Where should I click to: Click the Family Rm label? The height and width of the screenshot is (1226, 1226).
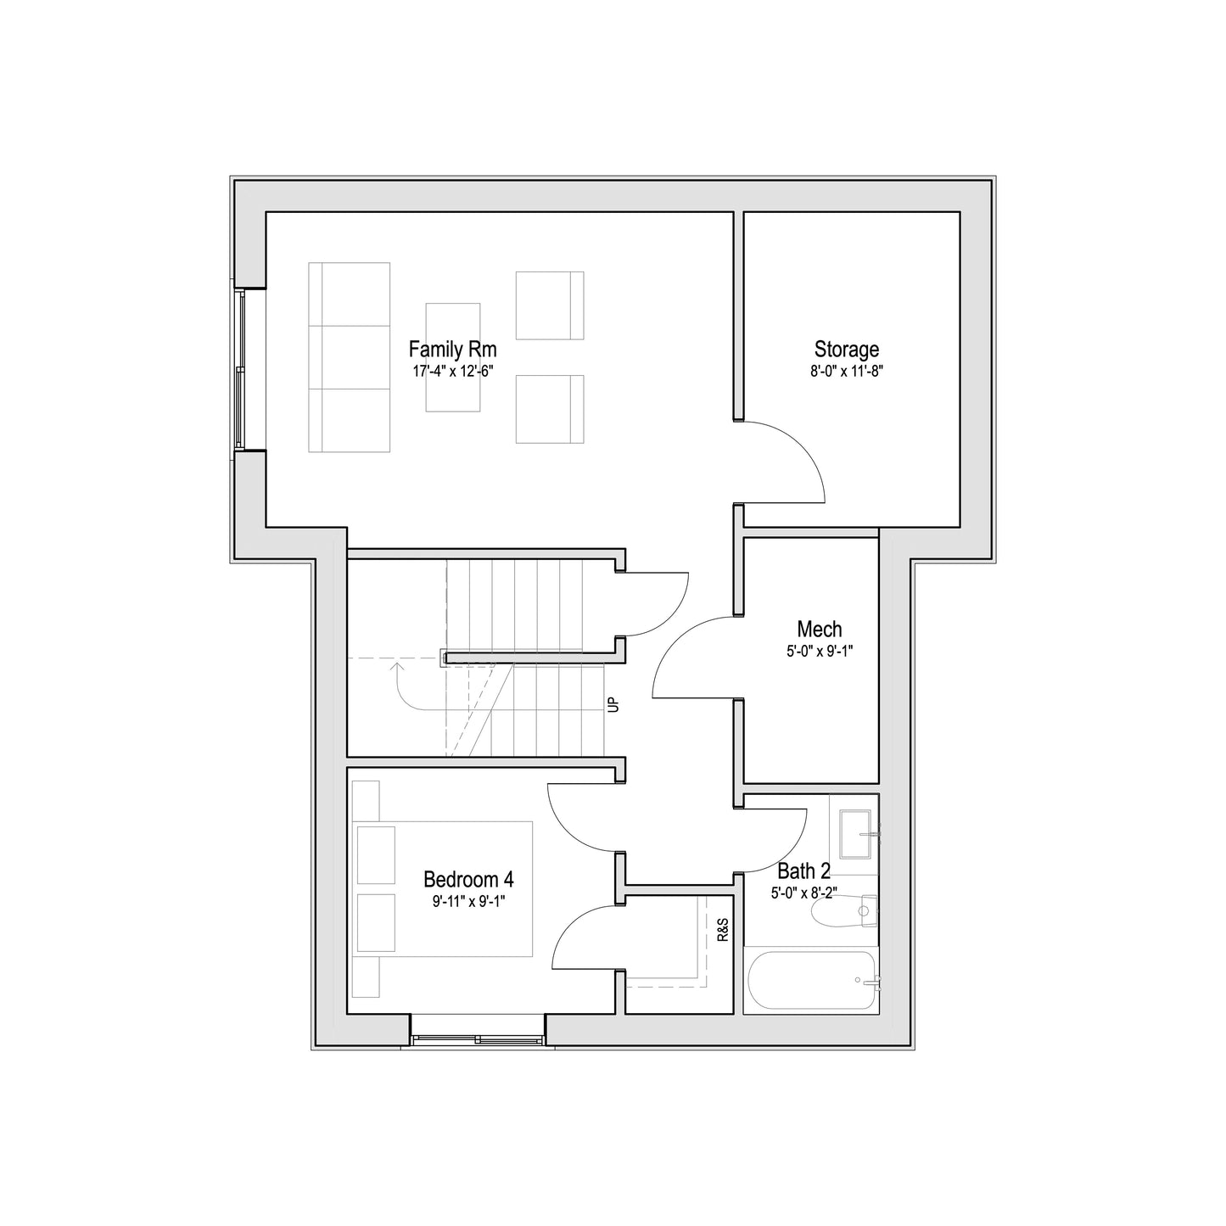[x=452, y=350]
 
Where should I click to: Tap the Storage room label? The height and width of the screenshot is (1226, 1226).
[x=847, y=350]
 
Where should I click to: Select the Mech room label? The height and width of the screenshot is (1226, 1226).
[x=820, y=630]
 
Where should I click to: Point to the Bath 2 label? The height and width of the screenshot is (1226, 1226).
[x=803, y=871]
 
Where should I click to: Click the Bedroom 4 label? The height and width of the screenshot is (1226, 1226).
[x=469, y=879]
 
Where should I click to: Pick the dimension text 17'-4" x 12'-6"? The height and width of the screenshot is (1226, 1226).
[x=452, y=371]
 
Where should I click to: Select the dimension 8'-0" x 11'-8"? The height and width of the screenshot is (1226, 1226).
[x=847, y=371]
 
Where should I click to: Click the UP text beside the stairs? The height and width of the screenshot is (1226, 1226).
[x=613, y=705]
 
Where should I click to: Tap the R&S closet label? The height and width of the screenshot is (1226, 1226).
[x=723, y=930]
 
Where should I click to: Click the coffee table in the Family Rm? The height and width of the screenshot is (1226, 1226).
[x=453, y=357]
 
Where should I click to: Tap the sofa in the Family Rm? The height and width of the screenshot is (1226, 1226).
[x=350, y=357]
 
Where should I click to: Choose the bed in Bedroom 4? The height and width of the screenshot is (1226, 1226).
[x=444, y=889]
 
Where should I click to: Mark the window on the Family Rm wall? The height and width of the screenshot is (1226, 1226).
[x=240, y=370]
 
